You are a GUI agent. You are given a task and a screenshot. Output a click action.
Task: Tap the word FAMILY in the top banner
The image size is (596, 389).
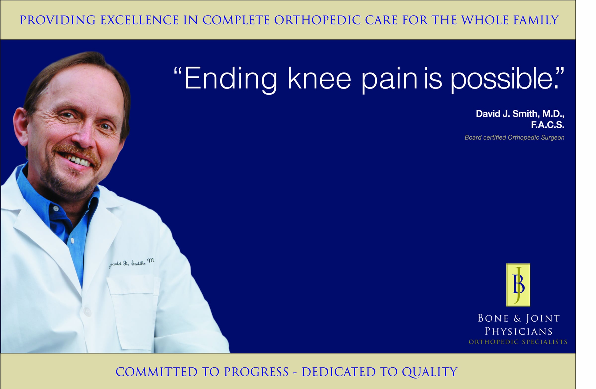point(536,20)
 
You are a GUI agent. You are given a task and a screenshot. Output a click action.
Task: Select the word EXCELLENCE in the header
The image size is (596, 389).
point(139,20)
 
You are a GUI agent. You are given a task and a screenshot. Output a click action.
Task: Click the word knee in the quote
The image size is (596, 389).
point(319,78)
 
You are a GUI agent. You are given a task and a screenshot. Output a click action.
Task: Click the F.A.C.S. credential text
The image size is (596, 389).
point(548,125)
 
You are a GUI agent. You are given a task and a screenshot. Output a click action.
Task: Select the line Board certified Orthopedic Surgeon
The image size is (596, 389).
point(514,138)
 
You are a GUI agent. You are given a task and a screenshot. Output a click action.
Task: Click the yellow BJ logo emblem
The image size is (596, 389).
point(518,285)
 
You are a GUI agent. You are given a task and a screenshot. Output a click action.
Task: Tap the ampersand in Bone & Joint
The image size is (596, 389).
point(517,319)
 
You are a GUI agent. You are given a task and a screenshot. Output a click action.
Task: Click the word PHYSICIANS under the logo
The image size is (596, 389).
point(518,331)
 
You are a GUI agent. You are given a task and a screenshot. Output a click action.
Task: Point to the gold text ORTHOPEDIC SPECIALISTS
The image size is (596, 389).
point(518,342)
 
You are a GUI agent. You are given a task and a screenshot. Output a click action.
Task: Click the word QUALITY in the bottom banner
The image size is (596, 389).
point(430,372)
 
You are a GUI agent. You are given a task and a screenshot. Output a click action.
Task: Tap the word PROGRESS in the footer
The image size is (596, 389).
point(256,372)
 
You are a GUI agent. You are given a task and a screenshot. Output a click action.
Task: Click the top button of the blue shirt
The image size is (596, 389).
point(56,209)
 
